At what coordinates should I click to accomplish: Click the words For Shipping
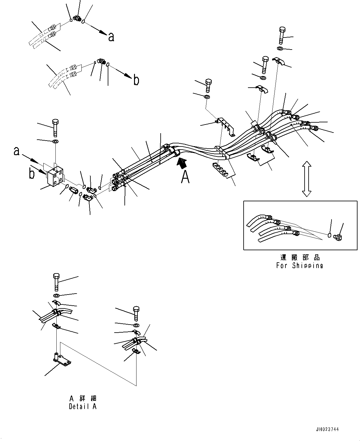[299, 266]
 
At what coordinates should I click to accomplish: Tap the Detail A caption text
[83, 406]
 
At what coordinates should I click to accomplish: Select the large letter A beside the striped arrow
[185, 177]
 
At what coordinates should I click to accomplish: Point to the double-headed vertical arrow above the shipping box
[307, 179]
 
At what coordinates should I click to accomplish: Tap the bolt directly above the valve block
[55, 128]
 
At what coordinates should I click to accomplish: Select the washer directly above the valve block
[56, 141]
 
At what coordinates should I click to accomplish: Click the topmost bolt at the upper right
[282, 35]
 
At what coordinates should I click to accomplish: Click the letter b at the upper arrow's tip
[136, 80]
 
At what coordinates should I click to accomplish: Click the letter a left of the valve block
[16, 151]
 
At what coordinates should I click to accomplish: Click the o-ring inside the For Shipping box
[329, 235]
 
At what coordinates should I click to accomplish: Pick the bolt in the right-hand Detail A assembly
[136, 313]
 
